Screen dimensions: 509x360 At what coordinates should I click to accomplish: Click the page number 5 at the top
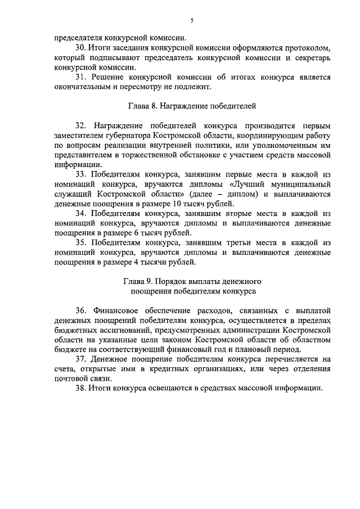(x=191, y=21)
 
